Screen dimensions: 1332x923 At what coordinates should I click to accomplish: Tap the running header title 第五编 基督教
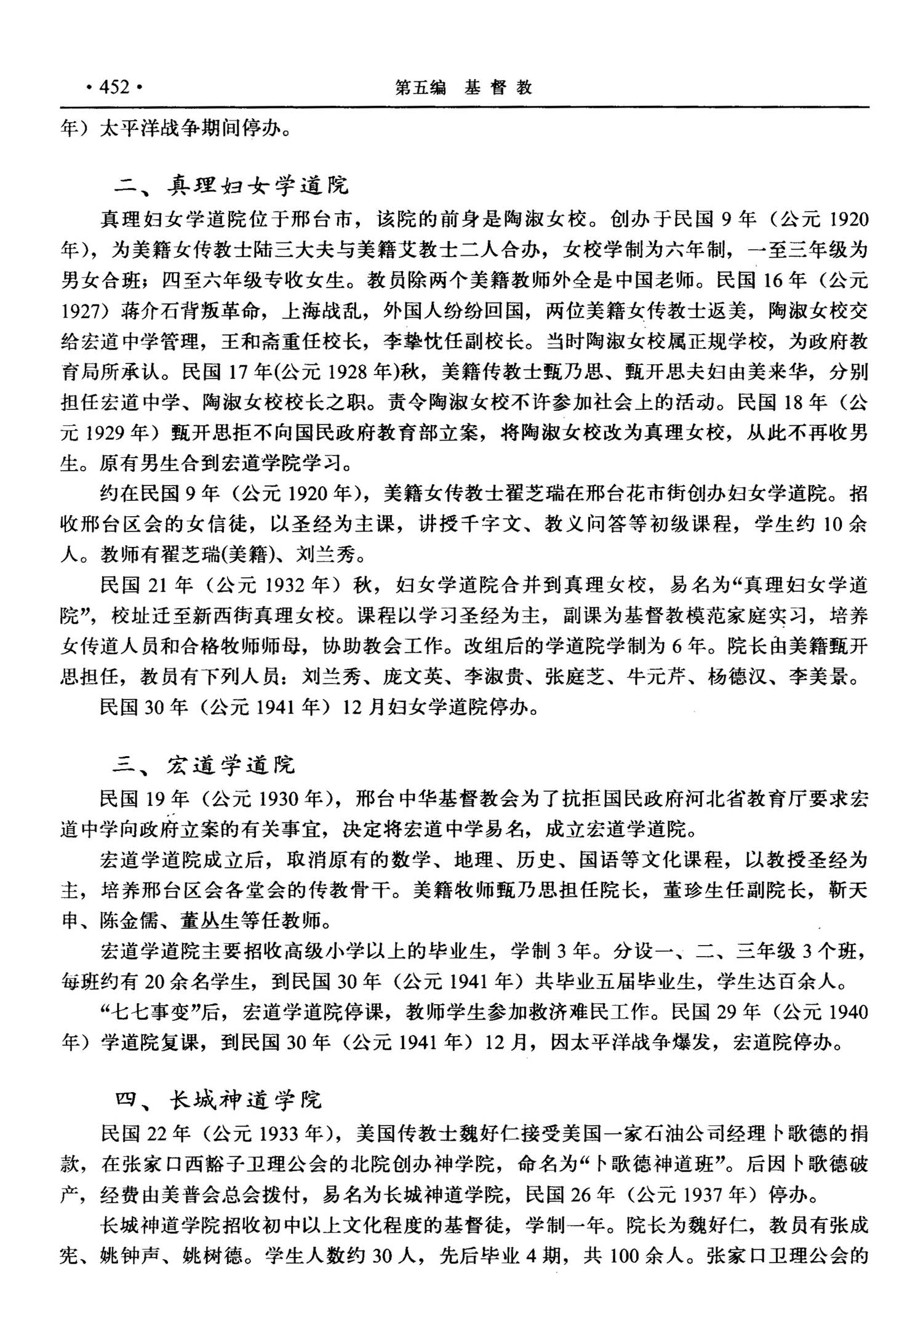click(463, 88)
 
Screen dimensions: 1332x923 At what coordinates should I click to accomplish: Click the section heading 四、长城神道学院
click(218, 1099)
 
